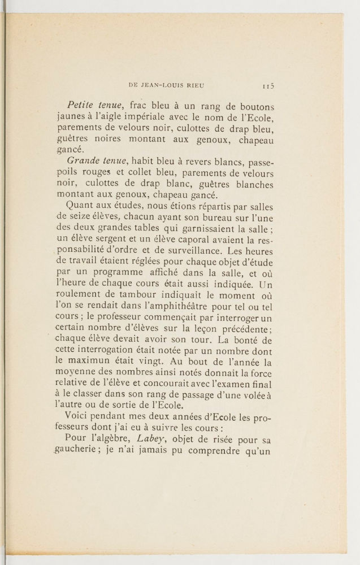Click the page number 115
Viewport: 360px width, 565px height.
267,86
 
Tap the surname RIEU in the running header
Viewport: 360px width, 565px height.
193,86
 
